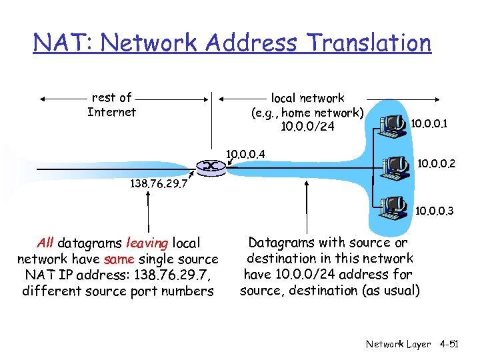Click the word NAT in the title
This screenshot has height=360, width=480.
click(x=58, y=43)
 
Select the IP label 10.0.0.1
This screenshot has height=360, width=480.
click(x=429, y=123)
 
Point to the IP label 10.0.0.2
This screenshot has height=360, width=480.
click(x=436, y=162)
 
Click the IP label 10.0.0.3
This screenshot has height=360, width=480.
click(x=435, y=211)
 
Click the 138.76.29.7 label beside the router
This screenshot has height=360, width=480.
click(x=157, y=181)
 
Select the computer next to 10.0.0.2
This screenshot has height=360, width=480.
click(x=395, y=165)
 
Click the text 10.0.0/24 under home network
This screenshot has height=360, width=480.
click(x=308, y=127)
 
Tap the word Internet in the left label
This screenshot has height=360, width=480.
click(x=111, y=112)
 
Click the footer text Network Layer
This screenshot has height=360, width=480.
click(x=398, y=344)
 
